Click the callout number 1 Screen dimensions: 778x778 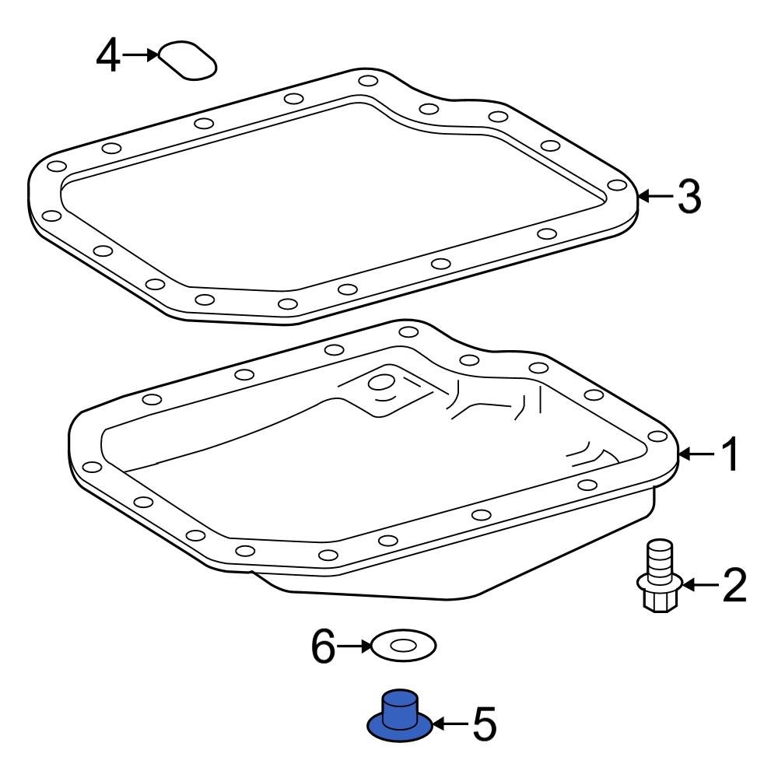click(x=731, y=455)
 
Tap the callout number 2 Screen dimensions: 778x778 click(x=733, y=585)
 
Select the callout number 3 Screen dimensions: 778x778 click(x=689, y=197)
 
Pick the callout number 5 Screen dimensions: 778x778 click(x=482, y=724)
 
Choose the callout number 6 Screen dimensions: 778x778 click(x=323, y=646)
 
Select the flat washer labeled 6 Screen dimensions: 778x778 click(x=404, y=646)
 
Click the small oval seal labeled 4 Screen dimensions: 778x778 click(x=187, y=60)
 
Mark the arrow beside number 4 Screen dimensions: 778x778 click(x=142, y=55)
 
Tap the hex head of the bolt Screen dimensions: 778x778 click(x=658, y=600)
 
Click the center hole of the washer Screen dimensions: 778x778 click(x=403, y=646)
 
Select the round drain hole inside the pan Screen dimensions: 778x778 click(x=380, y=384)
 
